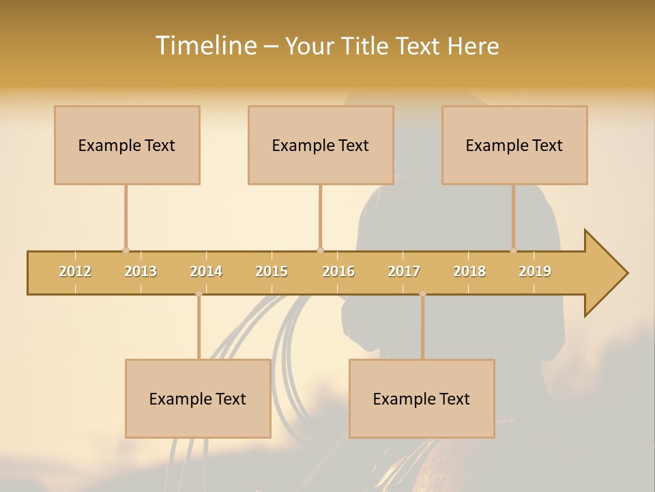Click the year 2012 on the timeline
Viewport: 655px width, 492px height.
click(75, 271)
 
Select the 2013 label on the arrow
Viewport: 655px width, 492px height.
click(141, 271)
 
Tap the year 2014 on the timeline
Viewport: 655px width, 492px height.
click(206, 271)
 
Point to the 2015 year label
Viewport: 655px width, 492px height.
click(272, 271)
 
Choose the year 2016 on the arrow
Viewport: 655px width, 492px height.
click(338, 271)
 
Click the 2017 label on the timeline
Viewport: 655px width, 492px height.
click(404, 271)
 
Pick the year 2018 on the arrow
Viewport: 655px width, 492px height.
click(469, 271)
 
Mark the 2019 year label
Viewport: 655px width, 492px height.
click(535, 271)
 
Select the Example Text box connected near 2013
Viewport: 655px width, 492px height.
click(127, 145)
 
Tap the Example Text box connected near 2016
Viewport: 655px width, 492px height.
click(321, 145)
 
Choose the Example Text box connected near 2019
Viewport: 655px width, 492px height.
click(514, 145)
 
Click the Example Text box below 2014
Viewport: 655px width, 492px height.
click(198, 398)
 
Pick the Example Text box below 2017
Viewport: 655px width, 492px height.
click(422, 398)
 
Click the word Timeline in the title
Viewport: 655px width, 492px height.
click(204, 46)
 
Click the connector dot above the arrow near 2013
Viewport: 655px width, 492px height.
click(126, 250)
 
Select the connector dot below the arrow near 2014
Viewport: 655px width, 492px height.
click(199, 294)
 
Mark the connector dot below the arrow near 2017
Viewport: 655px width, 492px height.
click(422, 294)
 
